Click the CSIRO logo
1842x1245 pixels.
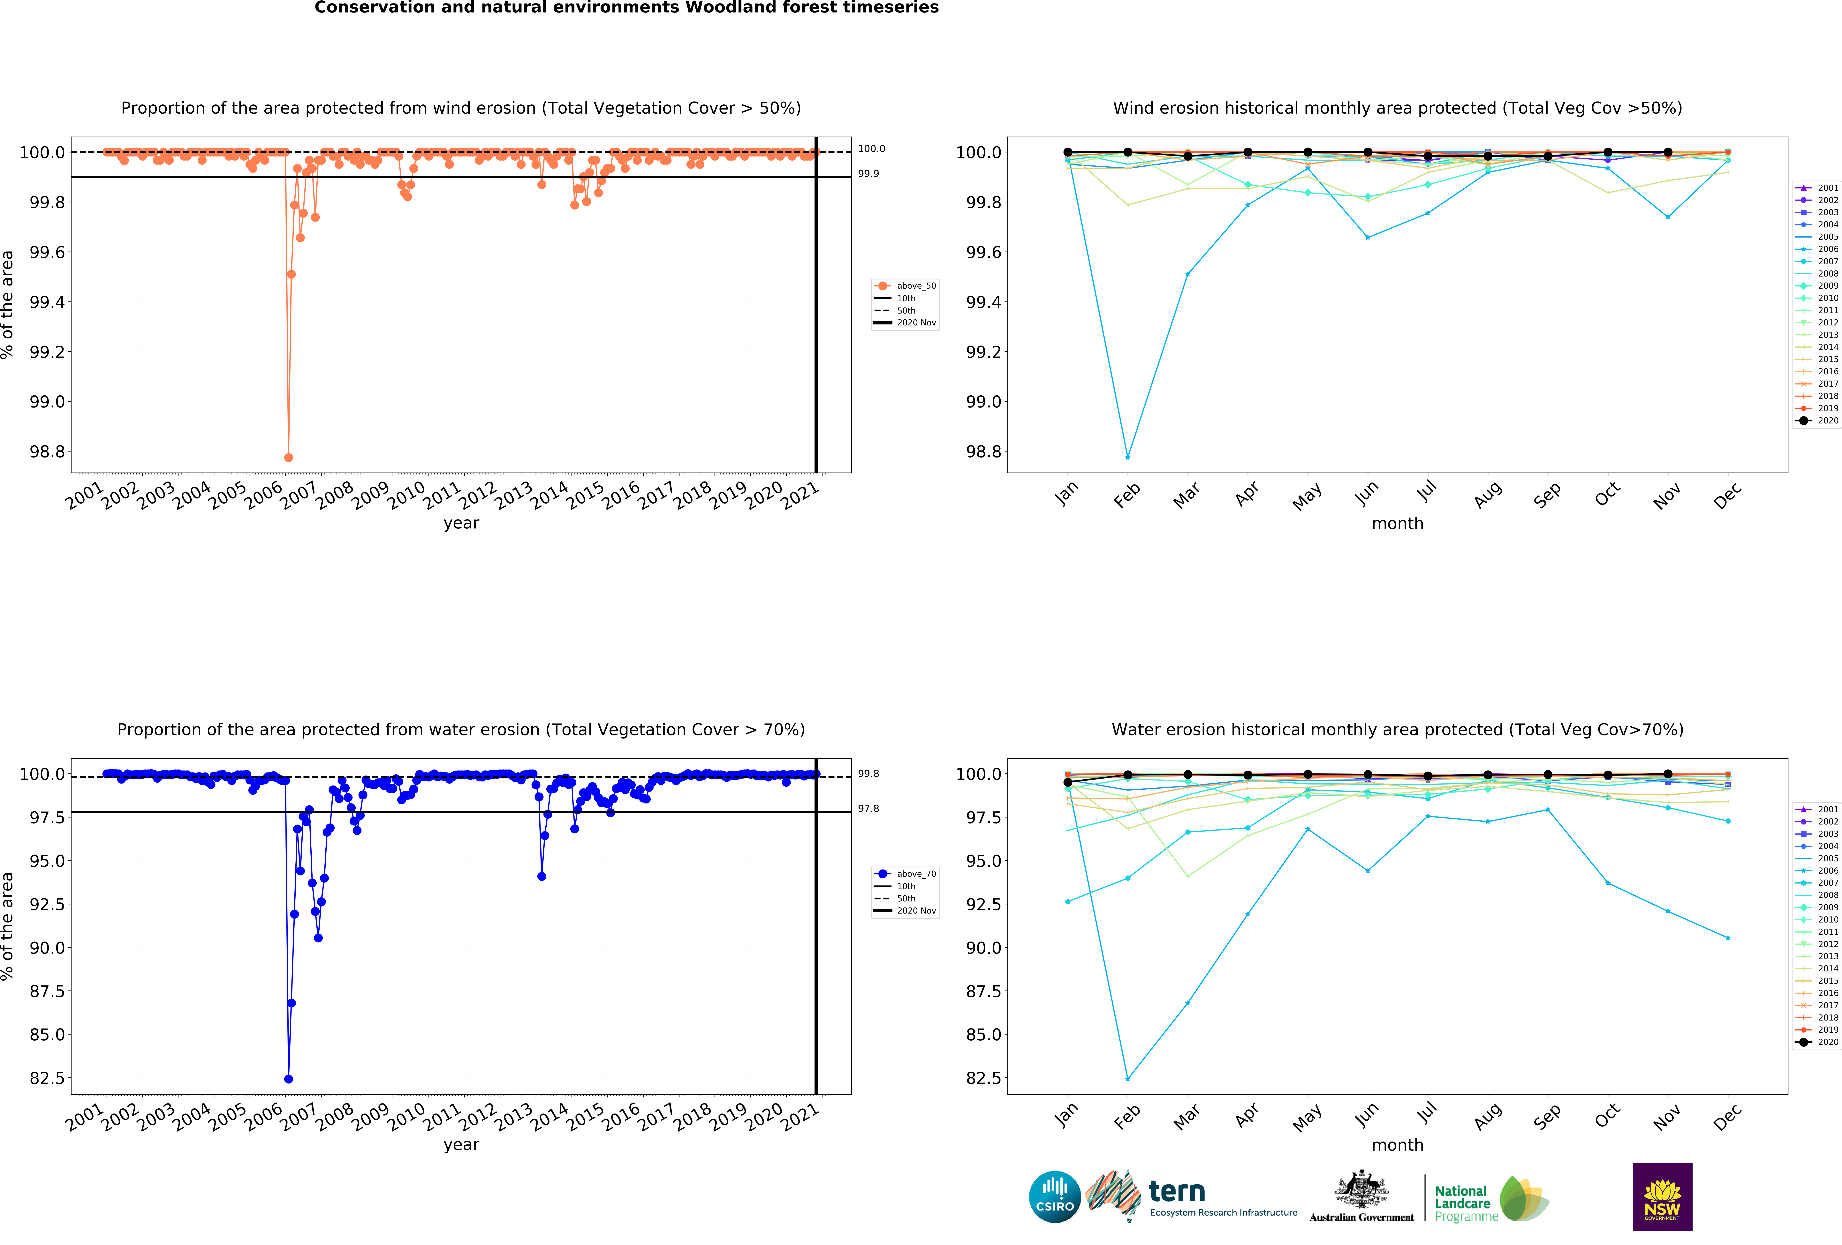pos(1054,1197)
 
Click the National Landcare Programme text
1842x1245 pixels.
pos(1462,1203)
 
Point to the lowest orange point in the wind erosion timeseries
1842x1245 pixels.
pos(289,457)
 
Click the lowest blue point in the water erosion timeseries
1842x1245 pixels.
pos(289,1079)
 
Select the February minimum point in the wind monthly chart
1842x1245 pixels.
pos(1128,457)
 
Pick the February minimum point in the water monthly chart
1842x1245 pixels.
pos(1128,1079)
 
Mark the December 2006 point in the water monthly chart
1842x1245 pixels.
pos(1728,938)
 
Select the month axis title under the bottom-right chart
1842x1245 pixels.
pos(1397,1145)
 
